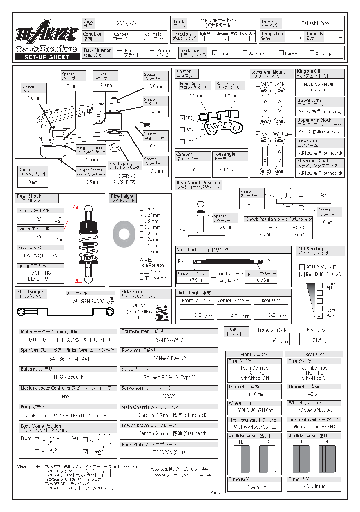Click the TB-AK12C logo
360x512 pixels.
point(47,31)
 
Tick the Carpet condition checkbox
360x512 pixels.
point(108,36)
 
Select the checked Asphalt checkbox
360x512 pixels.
point(138,36)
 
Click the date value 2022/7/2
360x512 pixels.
point(126,23)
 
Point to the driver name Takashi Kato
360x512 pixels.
point(315,23)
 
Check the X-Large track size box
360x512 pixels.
point(312,53)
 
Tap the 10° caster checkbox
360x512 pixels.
point(182,118)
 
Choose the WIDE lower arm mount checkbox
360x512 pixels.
point(258,84)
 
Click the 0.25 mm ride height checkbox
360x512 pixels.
point(141,215)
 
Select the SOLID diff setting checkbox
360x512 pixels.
point(302,267)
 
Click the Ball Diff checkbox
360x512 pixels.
point(302,274)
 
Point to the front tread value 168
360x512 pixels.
point(273,340)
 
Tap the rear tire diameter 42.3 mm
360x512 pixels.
point(316,394)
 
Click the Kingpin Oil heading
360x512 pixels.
point(309,71)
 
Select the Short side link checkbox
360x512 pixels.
point(214,273)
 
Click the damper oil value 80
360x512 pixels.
point(39,219)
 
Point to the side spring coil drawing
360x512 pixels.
point(162,313)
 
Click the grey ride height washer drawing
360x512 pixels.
point(124,234)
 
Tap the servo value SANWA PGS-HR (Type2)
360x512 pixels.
point(169,377)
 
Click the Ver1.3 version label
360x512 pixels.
point(216,492)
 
